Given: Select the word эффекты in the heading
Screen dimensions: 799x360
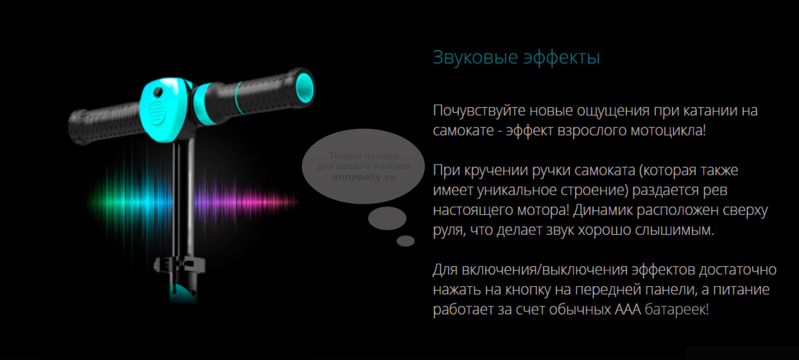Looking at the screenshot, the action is (562, 58).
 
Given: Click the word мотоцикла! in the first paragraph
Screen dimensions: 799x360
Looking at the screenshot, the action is (668, 130).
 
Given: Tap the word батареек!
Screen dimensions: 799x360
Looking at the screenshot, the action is (677, 310).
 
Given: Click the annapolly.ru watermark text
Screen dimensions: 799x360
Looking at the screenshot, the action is (364, 177).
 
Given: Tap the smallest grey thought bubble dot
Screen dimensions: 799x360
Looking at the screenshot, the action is (406, 241).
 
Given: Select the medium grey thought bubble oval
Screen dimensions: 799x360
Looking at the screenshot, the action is (387, 218).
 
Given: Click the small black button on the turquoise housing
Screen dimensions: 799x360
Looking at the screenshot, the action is (157, 93).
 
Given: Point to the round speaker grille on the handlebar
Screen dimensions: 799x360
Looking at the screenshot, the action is (156, 112).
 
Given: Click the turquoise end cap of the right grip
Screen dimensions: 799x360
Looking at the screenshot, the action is (305, 88).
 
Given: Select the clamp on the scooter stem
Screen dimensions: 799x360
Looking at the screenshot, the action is (179, 265).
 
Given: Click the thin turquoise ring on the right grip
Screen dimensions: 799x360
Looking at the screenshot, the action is (238, 98).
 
